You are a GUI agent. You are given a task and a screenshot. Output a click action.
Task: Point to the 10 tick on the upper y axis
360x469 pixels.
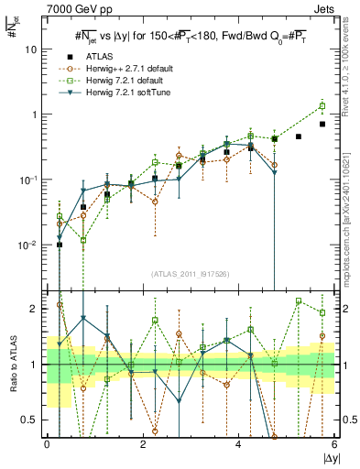35,49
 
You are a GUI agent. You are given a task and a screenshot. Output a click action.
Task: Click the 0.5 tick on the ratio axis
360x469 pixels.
33,420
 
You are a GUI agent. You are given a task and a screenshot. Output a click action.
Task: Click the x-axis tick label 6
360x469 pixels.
334,445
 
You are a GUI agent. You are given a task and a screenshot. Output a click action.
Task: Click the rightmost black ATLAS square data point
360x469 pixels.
322,124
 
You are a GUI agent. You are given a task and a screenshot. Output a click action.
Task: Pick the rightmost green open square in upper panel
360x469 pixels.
322,106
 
